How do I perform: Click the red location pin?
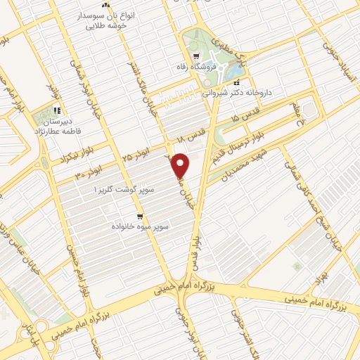coord(181,165)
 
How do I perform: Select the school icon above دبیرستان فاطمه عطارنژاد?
coord(57,110)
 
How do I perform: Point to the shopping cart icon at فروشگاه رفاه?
coord(195,58)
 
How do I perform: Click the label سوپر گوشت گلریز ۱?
coord(122,190)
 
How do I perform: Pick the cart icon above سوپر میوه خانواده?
coord(140,216)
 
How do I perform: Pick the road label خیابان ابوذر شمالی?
coord(79,77)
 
